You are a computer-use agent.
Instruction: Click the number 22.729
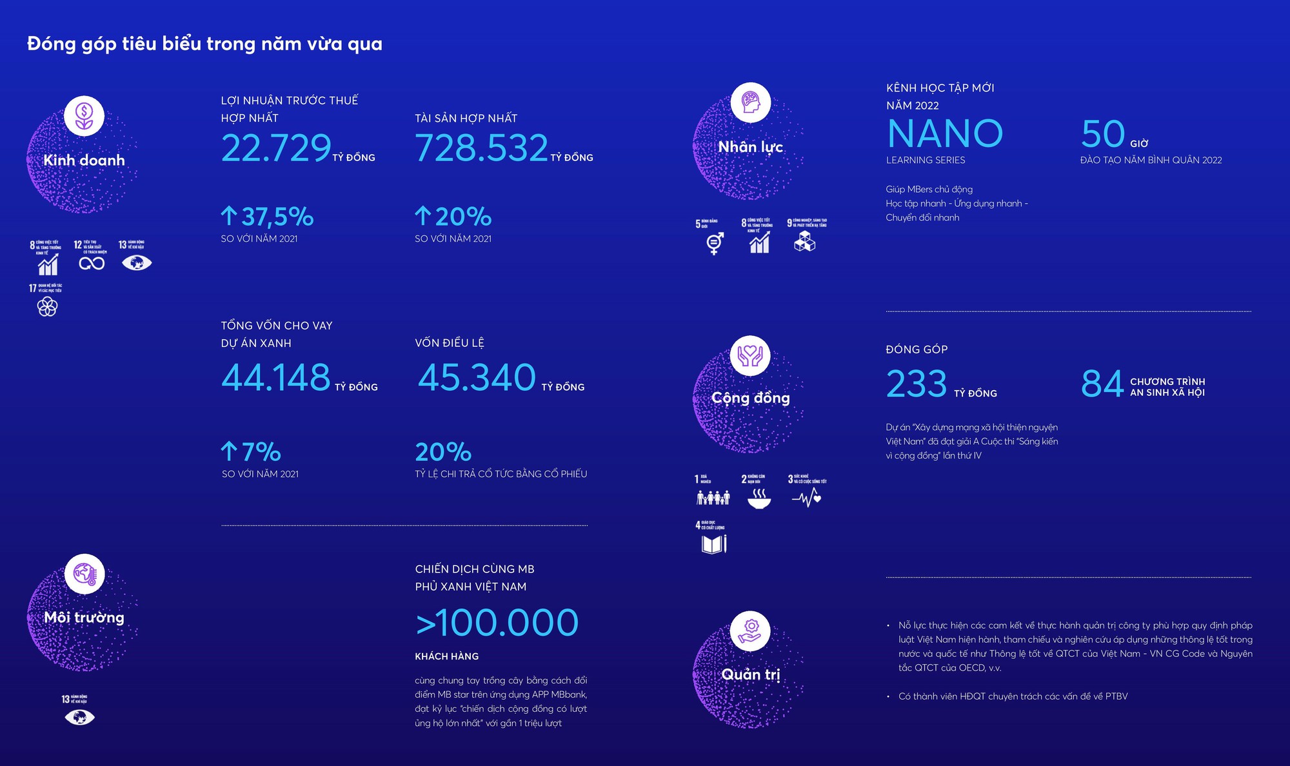click(x=276, y=148)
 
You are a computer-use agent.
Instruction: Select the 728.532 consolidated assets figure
click(x=481, y=148)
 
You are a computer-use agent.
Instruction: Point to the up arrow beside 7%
click(x=229, y=451)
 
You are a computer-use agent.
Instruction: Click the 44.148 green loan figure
click(x=276, y=378)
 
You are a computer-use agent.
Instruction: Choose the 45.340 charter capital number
click(x=477, y=378)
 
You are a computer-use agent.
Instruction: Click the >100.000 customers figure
click(x=497, y=623)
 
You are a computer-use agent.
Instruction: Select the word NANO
click(x=945, y=133)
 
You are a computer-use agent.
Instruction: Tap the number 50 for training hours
click(x=1102, y=134)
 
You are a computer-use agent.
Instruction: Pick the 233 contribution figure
click(x=917, y=384)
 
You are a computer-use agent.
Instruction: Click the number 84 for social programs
click(x=1102, y=384)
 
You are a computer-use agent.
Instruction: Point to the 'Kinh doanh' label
click(x=84, y=160)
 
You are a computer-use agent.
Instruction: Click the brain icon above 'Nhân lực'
click(x=751, y=103)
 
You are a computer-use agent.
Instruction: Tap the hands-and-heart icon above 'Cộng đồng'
click(x=750, y=355)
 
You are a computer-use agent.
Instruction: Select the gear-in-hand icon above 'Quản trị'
click(x=751, y=631)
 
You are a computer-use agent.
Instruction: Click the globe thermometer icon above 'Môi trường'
click(x=84, y=573)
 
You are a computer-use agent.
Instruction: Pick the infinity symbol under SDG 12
click(x=92, y=263)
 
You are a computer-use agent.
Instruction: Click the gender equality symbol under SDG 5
click(x=714, y=243)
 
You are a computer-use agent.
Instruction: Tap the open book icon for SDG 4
click(x=713, y=545)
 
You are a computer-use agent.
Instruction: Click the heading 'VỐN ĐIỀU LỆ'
click(x=450, y=343)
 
